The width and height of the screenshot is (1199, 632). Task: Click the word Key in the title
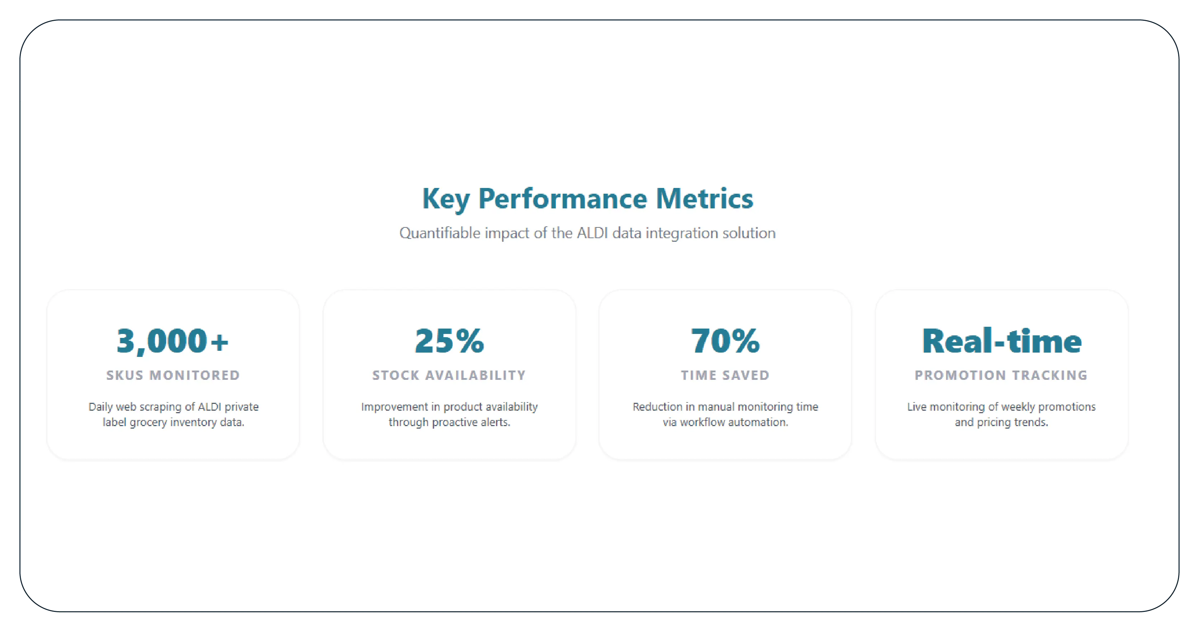pyautogui.click(x=445, y=199)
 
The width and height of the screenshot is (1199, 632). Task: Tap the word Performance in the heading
pyautogui.click(x=562, y=199)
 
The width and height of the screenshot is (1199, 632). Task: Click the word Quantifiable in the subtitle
pyautogui.click(x=439, y=233)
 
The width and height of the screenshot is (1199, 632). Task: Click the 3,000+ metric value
pyautogui.click(x=173, y=341)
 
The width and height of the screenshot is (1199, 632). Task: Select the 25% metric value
pyautogui.click(x=449, y=341)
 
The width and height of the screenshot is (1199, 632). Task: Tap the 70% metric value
pyautogui.click(x=725, y=341)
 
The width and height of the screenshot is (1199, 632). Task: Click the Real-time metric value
pyautogui.click(x=1002, y=341)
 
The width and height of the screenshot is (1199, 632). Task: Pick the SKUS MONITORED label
pyautogui.click(x=173, y=375)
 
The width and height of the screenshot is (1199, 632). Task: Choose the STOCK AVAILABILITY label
pyautogui.click(x=449, y=375)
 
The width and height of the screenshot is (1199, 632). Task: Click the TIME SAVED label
pyautogui.click(x=725, y=375)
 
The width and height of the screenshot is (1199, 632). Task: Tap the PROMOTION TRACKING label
pyautogui.click(x=1001, y=375)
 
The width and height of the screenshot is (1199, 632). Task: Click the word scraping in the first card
pyautogui.click(x=161, y=407)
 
